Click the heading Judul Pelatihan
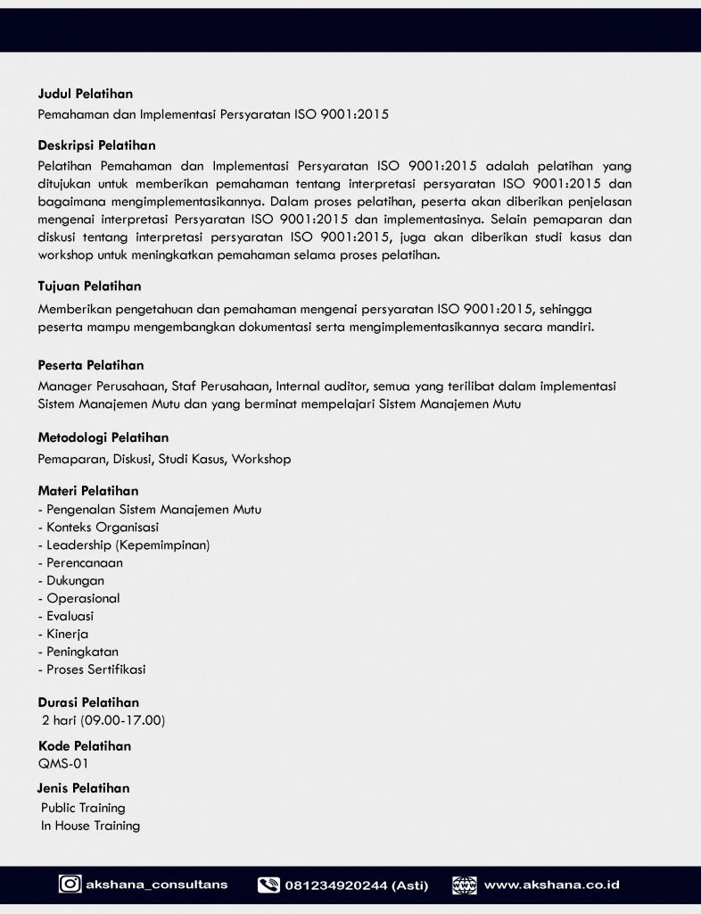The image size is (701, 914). pyautogui.click(x=86, y=93)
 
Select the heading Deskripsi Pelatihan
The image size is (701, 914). pyautogui.click(x=96, y=145)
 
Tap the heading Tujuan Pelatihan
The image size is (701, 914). pyautogui.click(x=89, y=287)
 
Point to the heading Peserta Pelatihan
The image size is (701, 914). pyautogui.click(x=90, y=365)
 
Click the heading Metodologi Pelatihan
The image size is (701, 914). pyautogui.click(x=103, y=437)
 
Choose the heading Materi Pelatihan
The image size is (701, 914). pyautogui.click(x=87, y=491)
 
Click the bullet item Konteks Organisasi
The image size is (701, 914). pyautogui.click(x=97, y=527)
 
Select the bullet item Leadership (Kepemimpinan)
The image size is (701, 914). pyautogui.click(x=124, y=544)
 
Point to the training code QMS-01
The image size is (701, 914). pyautogui.click(x=63, y=763)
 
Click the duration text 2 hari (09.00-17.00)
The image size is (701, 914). pyautogui.click(x=103, y=720)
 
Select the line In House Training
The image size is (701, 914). pyautogui.click(x=90, y=826)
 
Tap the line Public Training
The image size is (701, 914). pyautogui.click(x=83, y=808)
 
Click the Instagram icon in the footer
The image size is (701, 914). pyautogui.click(x=70, y=885)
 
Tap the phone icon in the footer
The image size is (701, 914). pyautogui.click(x=268, y=885)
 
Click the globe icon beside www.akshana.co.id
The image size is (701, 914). pyautogui.click(x=465, y=885)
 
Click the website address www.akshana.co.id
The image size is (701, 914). pyautogui.click(x=552, y=885)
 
